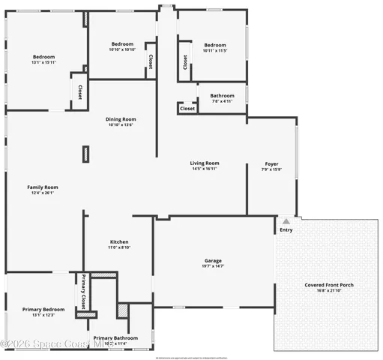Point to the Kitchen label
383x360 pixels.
(119, 241)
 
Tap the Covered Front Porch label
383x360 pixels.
(329, 285)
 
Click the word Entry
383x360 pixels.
(286, 229)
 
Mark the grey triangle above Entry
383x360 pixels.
(286, 220)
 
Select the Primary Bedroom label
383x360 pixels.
(43, 309)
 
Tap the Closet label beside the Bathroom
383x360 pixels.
(187, 109)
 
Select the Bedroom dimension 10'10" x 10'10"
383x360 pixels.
(122, 49)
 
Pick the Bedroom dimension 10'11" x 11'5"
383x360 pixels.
(214, 49)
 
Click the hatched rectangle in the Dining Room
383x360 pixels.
(85, 154)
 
